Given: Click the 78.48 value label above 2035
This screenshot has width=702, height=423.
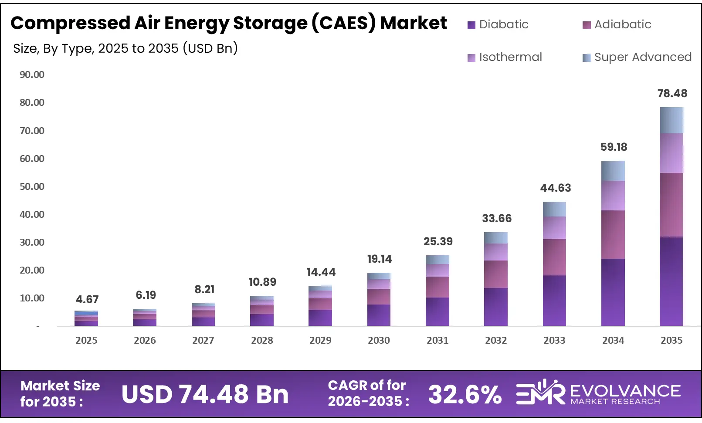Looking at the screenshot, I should (x=672, y=93).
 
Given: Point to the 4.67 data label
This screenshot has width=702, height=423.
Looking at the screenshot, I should (x=87, y=299).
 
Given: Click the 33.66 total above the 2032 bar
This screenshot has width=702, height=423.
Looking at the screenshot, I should (x=496, y=218).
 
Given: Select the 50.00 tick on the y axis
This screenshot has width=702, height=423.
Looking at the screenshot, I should (x=32, y=186).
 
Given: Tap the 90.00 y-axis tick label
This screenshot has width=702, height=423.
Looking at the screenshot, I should (x=32, y=74).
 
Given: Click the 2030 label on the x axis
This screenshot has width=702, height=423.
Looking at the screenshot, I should (x=379, y=340).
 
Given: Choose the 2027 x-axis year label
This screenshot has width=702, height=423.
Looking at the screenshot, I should (x=203, y=340).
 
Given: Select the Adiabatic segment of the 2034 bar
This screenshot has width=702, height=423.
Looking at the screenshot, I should (x=613, y=234).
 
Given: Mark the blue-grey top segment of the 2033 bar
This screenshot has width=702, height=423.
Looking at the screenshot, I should (x=554, y=209).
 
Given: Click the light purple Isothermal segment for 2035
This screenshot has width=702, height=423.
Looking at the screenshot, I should (x=671, y=153).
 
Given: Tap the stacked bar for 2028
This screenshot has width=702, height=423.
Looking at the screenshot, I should (x=262, y=311).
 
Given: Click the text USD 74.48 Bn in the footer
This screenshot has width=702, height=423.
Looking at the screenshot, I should (x=205, y=395).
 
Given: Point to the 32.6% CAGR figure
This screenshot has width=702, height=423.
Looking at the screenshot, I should (x=465, y=395).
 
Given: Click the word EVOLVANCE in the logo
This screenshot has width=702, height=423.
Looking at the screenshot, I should (x=625, y=391).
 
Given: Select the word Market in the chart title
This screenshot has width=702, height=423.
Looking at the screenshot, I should (x=413, y=23).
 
